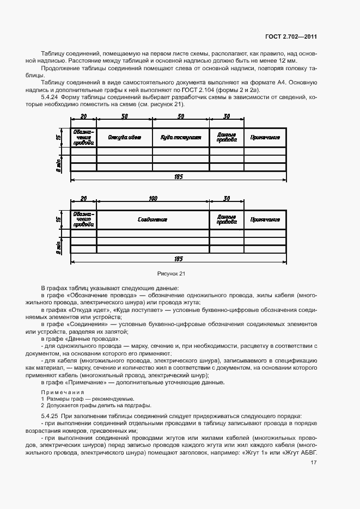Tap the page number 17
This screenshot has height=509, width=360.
point(314,463)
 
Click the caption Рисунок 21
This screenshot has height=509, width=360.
point(171,274)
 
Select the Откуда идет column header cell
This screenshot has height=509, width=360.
point(124,138)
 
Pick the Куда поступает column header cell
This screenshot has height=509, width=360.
point(181,138)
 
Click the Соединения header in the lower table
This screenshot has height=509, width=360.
point(152,220)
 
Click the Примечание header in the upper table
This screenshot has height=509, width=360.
point(265,138)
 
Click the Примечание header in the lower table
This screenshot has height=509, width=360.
point(265,220)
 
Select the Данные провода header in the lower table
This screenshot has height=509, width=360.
point(227,220)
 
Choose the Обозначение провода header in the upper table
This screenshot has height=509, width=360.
point(83,138)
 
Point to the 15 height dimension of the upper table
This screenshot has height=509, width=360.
point(59,138)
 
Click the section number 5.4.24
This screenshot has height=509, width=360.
point(50,97)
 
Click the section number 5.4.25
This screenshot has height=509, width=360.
point(50,415)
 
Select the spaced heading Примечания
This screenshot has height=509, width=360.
point(60,392)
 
